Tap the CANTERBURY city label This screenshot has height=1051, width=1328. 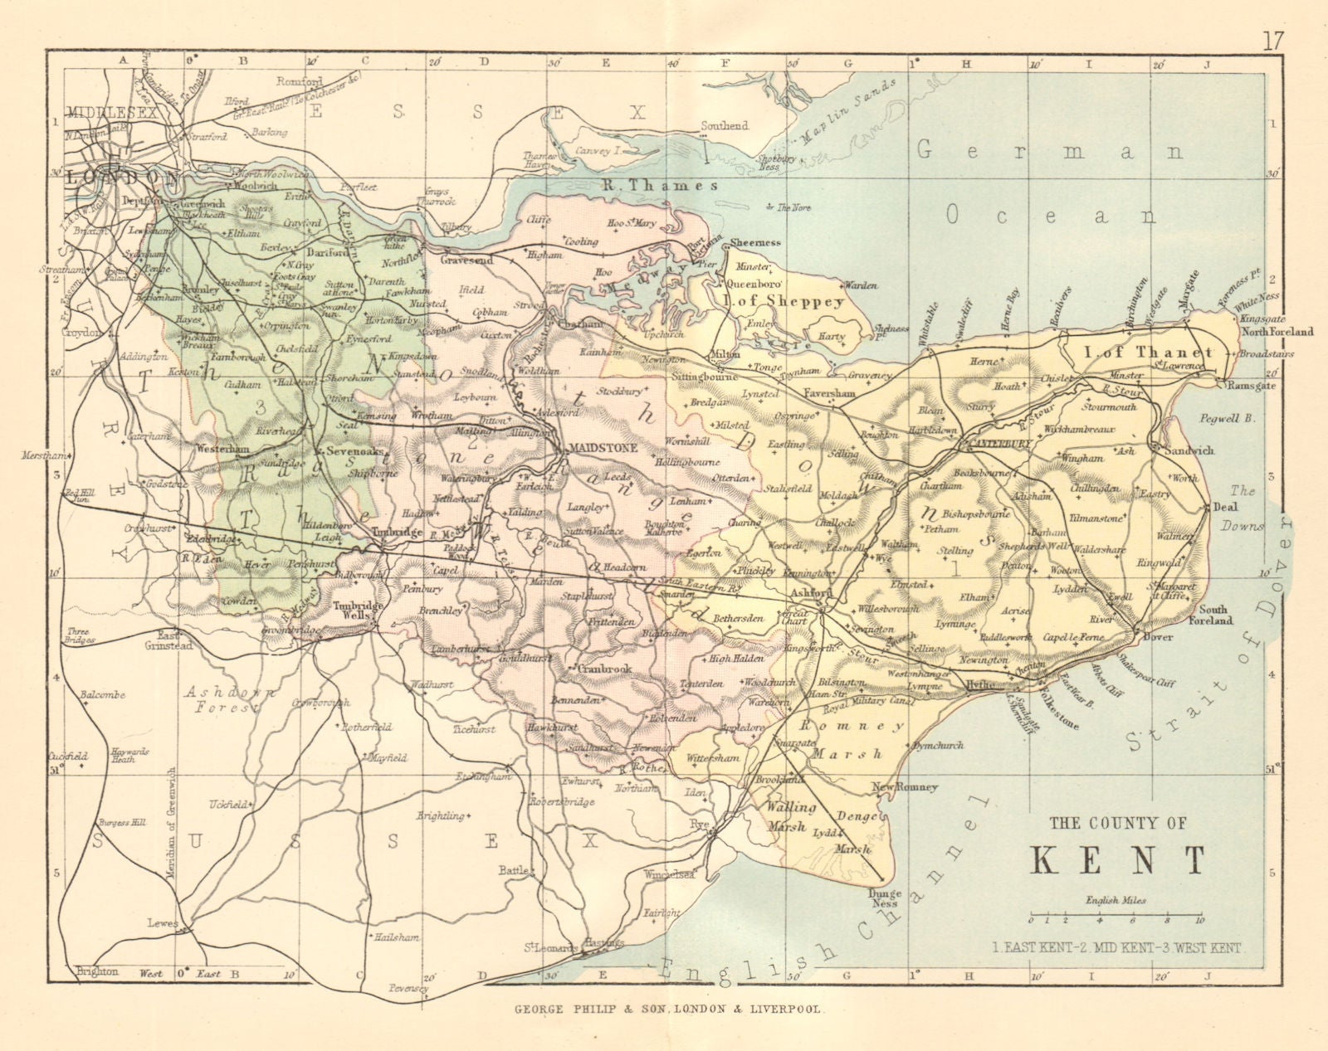(x=994, y=445)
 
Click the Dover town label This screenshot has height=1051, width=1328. (x=1160, y=638)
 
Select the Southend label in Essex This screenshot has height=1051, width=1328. (x=724, y=126)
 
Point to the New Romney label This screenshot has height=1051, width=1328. (x=904, y=786)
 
